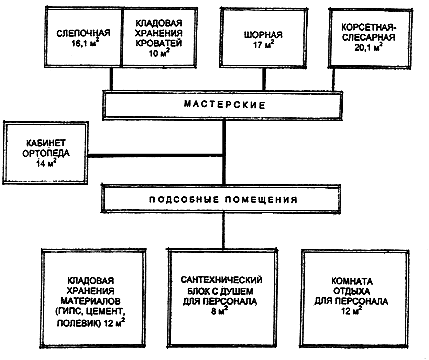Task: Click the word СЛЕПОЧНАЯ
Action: click(83, 33)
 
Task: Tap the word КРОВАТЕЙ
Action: click(159, 43)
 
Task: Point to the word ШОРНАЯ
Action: click(263, 35)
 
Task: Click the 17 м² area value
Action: click(264, 44)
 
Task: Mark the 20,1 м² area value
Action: click(368, 47)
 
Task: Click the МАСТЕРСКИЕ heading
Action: click(225, 105)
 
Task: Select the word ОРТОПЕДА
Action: click(46, 153)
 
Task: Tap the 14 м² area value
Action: click(46, 163)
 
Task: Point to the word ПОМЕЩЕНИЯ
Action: click(261, 200)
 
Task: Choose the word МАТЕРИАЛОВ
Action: click(90, 301)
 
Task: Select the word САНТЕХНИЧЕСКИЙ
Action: click(221, 280)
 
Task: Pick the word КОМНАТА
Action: click(352, 281)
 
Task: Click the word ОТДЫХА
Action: click(352, 291)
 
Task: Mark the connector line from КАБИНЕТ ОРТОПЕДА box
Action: click(156, 156)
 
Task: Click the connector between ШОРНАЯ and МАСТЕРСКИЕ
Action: click(264, 79)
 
